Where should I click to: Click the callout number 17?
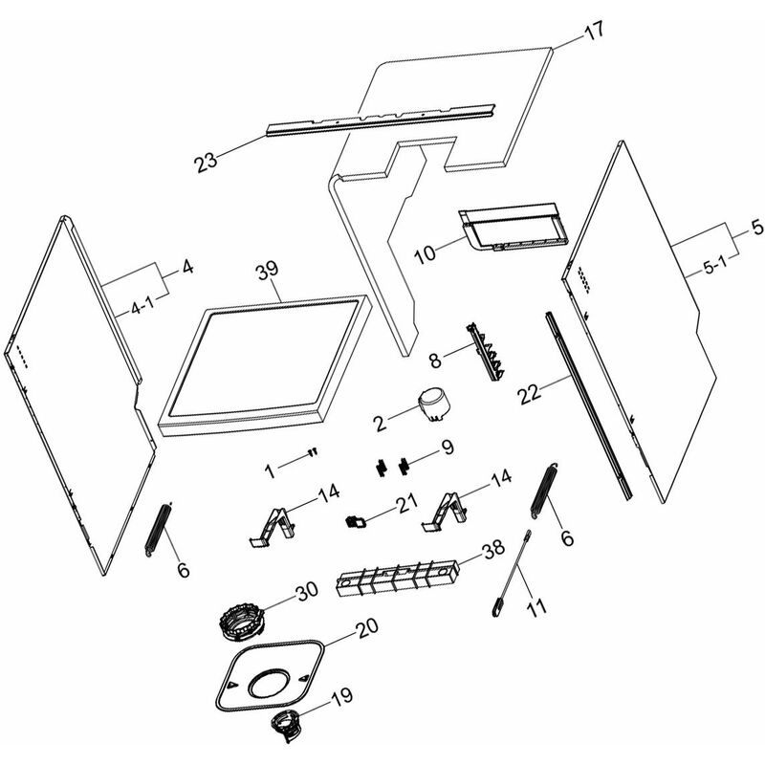click(x=594, y=29)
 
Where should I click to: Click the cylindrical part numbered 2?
click(x=434, y=404)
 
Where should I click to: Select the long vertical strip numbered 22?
click(x=589, y=402)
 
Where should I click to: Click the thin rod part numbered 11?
click(x=513, y=569)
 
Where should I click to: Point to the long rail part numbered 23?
click(x=382, y=116)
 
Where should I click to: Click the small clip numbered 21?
click(x=354, y=521)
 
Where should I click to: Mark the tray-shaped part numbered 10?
click(x=512, y=228)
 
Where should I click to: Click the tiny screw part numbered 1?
click(x=312, y=454)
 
